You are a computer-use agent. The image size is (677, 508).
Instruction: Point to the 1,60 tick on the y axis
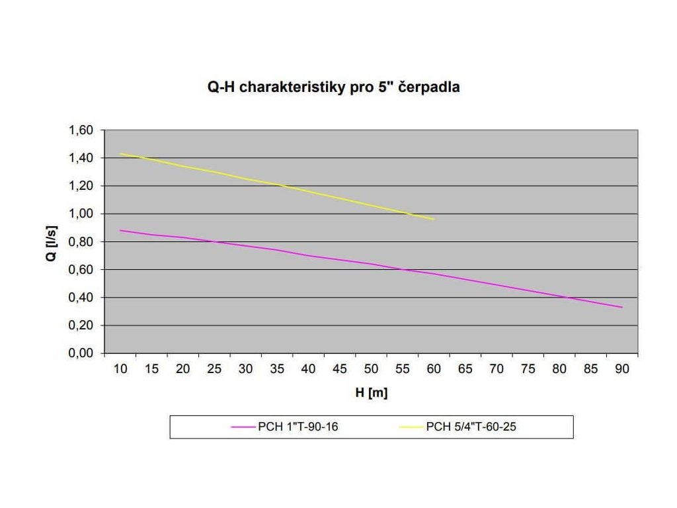81,130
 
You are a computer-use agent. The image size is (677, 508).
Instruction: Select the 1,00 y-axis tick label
81,214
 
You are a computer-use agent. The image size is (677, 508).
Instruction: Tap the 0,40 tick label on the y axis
81,298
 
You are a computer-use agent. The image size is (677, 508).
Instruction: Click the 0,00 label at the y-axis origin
81,353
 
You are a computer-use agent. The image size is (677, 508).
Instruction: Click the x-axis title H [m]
372,394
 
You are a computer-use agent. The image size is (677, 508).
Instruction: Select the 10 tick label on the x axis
120,369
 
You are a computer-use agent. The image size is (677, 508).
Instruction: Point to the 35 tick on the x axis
277,369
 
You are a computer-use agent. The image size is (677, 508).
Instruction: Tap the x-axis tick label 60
434,369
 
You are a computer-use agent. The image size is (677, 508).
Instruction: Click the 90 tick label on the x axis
622,369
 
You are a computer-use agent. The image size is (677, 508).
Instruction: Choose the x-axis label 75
528,369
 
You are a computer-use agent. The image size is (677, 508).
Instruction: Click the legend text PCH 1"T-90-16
298,427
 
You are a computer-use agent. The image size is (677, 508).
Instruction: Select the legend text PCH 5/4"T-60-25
471,427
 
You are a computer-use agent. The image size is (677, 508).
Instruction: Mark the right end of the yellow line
434,219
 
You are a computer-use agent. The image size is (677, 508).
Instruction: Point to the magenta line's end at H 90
622,307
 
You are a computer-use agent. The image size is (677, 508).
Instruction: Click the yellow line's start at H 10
120,153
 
